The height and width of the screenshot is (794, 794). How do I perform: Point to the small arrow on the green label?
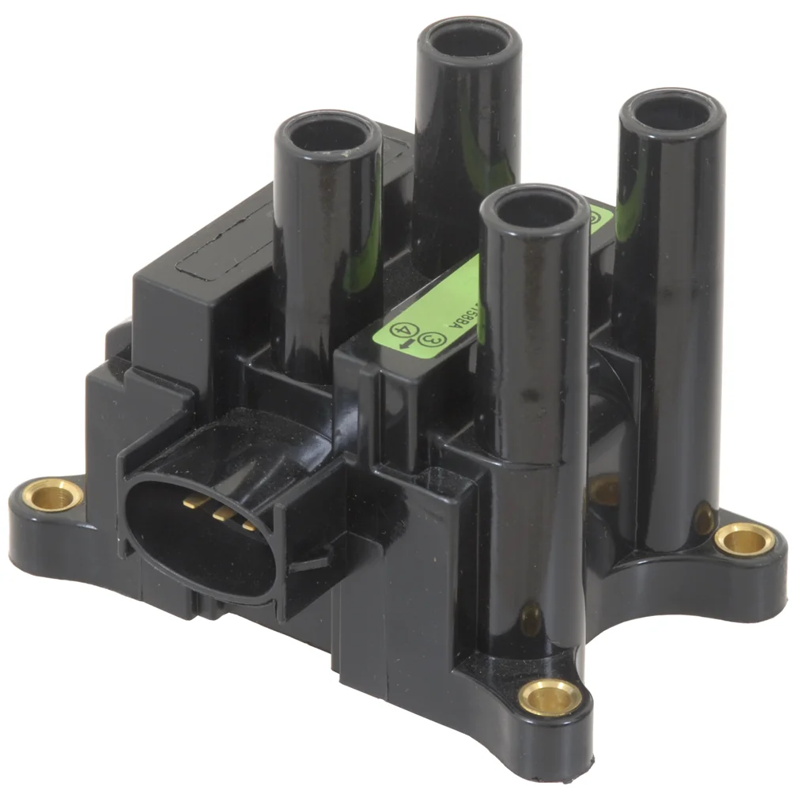click(404, 345)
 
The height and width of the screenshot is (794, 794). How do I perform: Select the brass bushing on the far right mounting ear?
click(744, 540)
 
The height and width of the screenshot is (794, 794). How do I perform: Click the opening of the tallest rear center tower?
click(469, 37)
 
